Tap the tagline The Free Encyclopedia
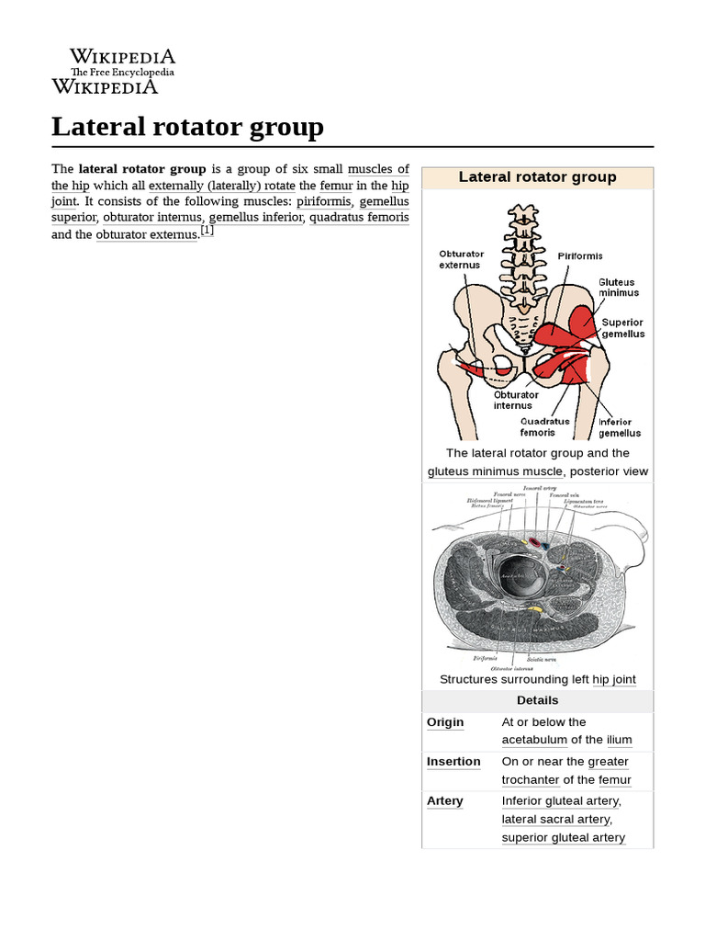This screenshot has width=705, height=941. pyautogui.click(x=122, y=73)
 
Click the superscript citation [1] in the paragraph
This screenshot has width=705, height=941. pyautogui.click(x=207, y=232)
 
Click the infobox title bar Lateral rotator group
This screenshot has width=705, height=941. pyautogui.click(x=537, y=177)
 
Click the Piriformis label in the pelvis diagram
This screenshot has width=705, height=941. pyautogui.click(x=580, y=256)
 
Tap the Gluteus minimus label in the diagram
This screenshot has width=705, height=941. pyautogui.click(x=618, y=288)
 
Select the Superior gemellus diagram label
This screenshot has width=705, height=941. pyautogui.click(x=622, y=328)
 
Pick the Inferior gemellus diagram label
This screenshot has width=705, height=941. pyautogui.click(x=620, y=427)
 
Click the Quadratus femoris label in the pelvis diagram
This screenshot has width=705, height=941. pyautogui.click(x=544, y=426)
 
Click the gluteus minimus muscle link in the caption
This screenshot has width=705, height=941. pyautogui.click(x=495, y=471)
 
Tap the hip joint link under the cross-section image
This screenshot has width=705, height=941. pyautogui.click(x=614, y=680)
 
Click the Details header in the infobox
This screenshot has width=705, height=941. pyautogui.click(x=537, y=700)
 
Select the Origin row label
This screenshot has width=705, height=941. pyautogui.click(x=445, y=722)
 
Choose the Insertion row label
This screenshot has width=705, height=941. pyautogui.click(x=453, y=762)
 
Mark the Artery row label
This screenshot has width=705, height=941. pyautogui.click(x=445, y=801)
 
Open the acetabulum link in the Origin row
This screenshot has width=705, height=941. pyautogui.click(x=534, y=740)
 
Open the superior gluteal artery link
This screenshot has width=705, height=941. pyautogui.click(x=563, y=837)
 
